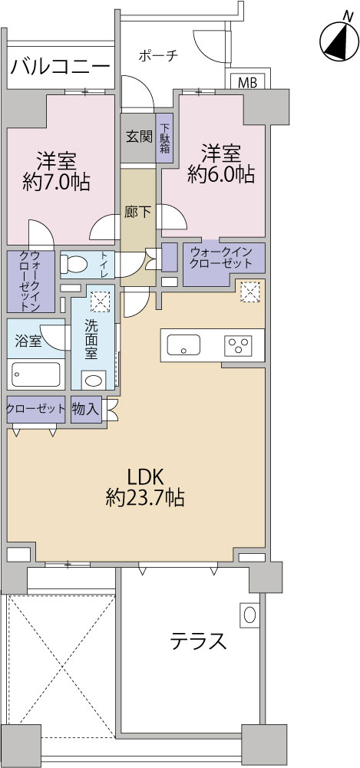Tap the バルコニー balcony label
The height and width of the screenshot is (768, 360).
[x=61, y=66]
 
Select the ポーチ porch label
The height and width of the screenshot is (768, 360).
[x=159, y=55]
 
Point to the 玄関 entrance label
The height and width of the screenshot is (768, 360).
[x=138, y=137]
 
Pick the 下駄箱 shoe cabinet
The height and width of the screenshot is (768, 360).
[x=165, y=139]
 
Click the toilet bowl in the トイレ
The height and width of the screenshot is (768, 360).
[x=75, y=265]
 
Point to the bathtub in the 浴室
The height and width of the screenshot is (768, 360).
[x=36, y=375]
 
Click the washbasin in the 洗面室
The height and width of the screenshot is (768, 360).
[x=94, y=380]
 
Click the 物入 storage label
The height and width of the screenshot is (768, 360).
[x=85, y=408]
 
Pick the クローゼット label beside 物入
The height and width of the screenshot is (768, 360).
[x=36, y=408]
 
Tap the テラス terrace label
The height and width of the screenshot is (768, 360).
[x=198, y=641]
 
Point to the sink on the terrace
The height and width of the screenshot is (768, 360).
[x=249, y=615]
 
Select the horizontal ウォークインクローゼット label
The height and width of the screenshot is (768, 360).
[x=222, y=257]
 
